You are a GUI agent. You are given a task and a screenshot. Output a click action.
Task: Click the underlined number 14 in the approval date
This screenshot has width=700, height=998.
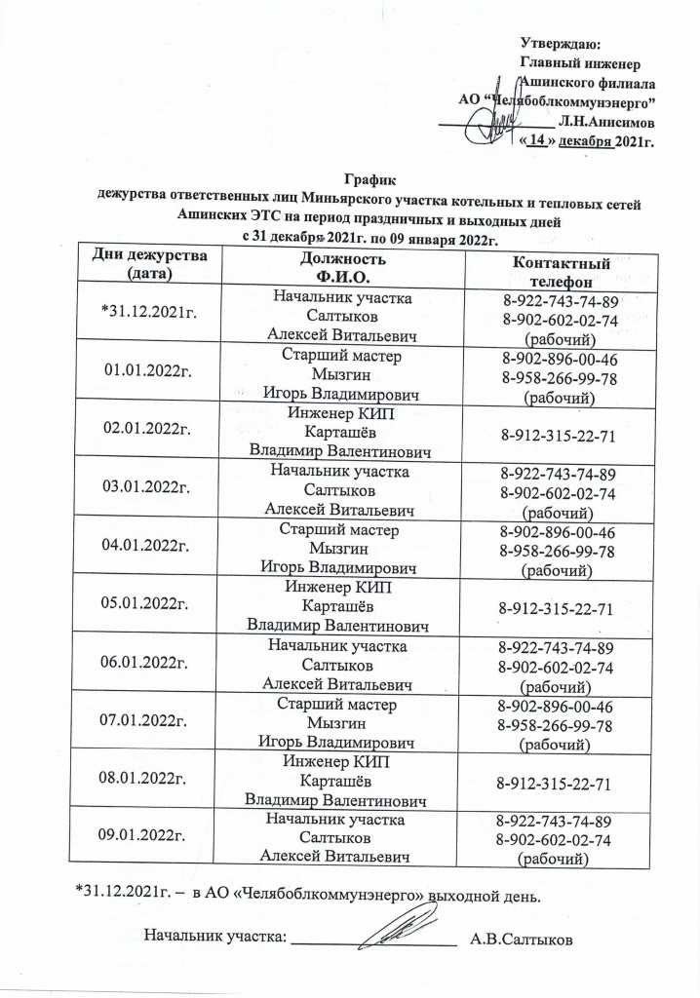541,139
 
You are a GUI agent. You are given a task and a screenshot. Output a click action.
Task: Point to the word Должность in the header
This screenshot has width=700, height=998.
335,259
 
